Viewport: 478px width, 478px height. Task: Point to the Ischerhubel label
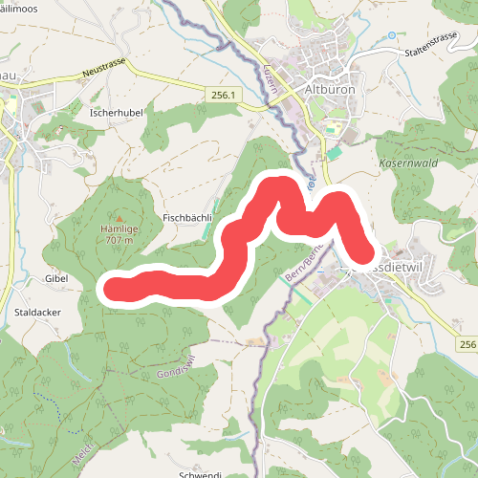point(117,112)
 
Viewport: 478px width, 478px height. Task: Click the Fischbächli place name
point(186,217)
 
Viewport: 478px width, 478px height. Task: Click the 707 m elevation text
point(119,241)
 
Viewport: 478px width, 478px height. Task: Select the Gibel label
point(57,277)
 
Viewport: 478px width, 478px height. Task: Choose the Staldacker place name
point(38,312)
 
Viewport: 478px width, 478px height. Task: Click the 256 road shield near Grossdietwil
point(467,344)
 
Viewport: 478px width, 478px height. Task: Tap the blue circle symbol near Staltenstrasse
point(391,35)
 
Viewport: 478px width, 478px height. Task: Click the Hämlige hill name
point(119,229)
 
